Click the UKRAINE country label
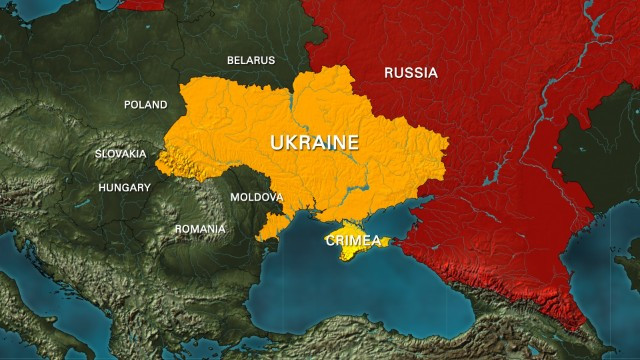(314, 143)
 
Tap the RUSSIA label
(411, 73)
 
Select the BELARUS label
(250, 60)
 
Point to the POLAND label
(145, 104)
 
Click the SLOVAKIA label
(120, 154)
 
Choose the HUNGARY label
(124, 188)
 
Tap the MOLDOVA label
(256, 198)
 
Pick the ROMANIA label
(200, 229)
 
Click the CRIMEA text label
(353, 240)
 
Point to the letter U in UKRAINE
(277, 143)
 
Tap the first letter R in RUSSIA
(390, 73)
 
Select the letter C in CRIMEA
(331, 240)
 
